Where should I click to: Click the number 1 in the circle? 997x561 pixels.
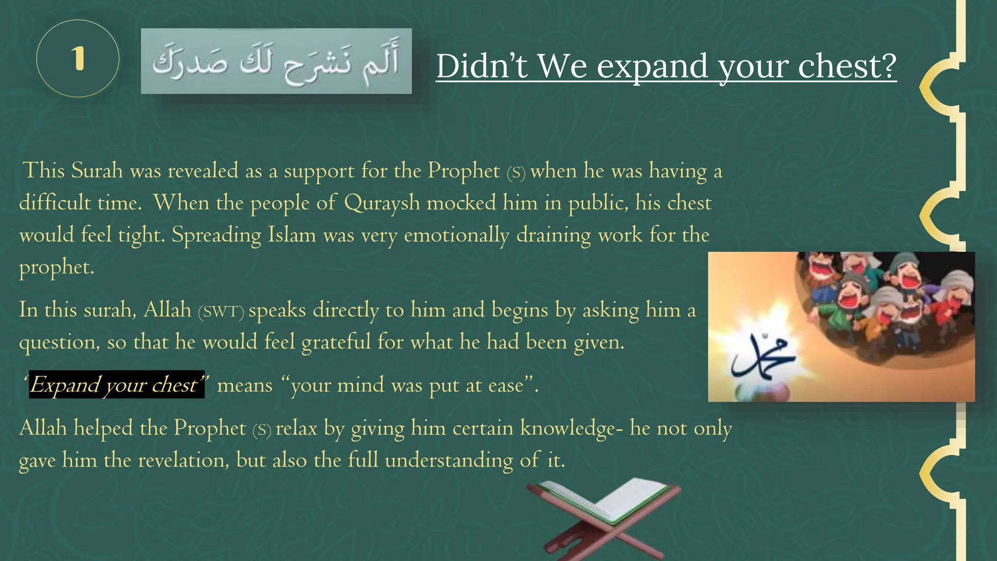click(78, 59)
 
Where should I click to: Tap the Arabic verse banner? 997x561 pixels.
click(276, 61)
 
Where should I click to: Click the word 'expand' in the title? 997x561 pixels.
click(652, 66)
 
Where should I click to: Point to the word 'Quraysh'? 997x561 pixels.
click(382, 203)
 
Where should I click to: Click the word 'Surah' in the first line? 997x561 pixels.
click(97, 170)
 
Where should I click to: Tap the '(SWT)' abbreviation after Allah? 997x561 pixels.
click(221, 311)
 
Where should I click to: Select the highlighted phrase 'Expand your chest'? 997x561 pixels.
click(116, 385)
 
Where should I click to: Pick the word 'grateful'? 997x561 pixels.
click(336, 342)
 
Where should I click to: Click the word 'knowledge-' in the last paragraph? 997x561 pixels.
click(571, 429)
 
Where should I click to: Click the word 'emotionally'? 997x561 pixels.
click(456, 235)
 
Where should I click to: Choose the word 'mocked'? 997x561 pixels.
click(461, 203)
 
